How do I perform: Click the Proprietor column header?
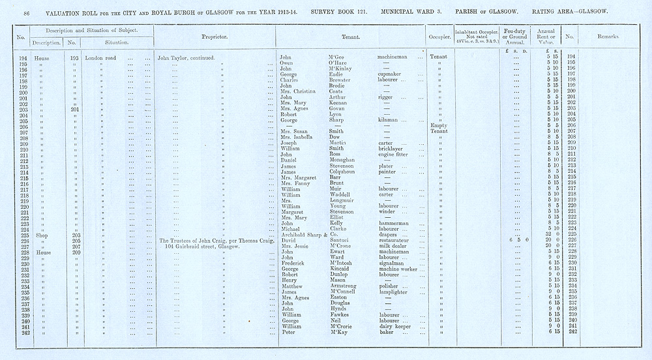pos(214,37)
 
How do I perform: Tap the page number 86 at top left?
pos(27,12)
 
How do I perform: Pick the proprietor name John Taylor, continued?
pos(187,57)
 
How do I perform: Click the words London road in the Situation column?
pos(100,57)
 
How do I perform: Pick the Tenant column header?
pos(349,37)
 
